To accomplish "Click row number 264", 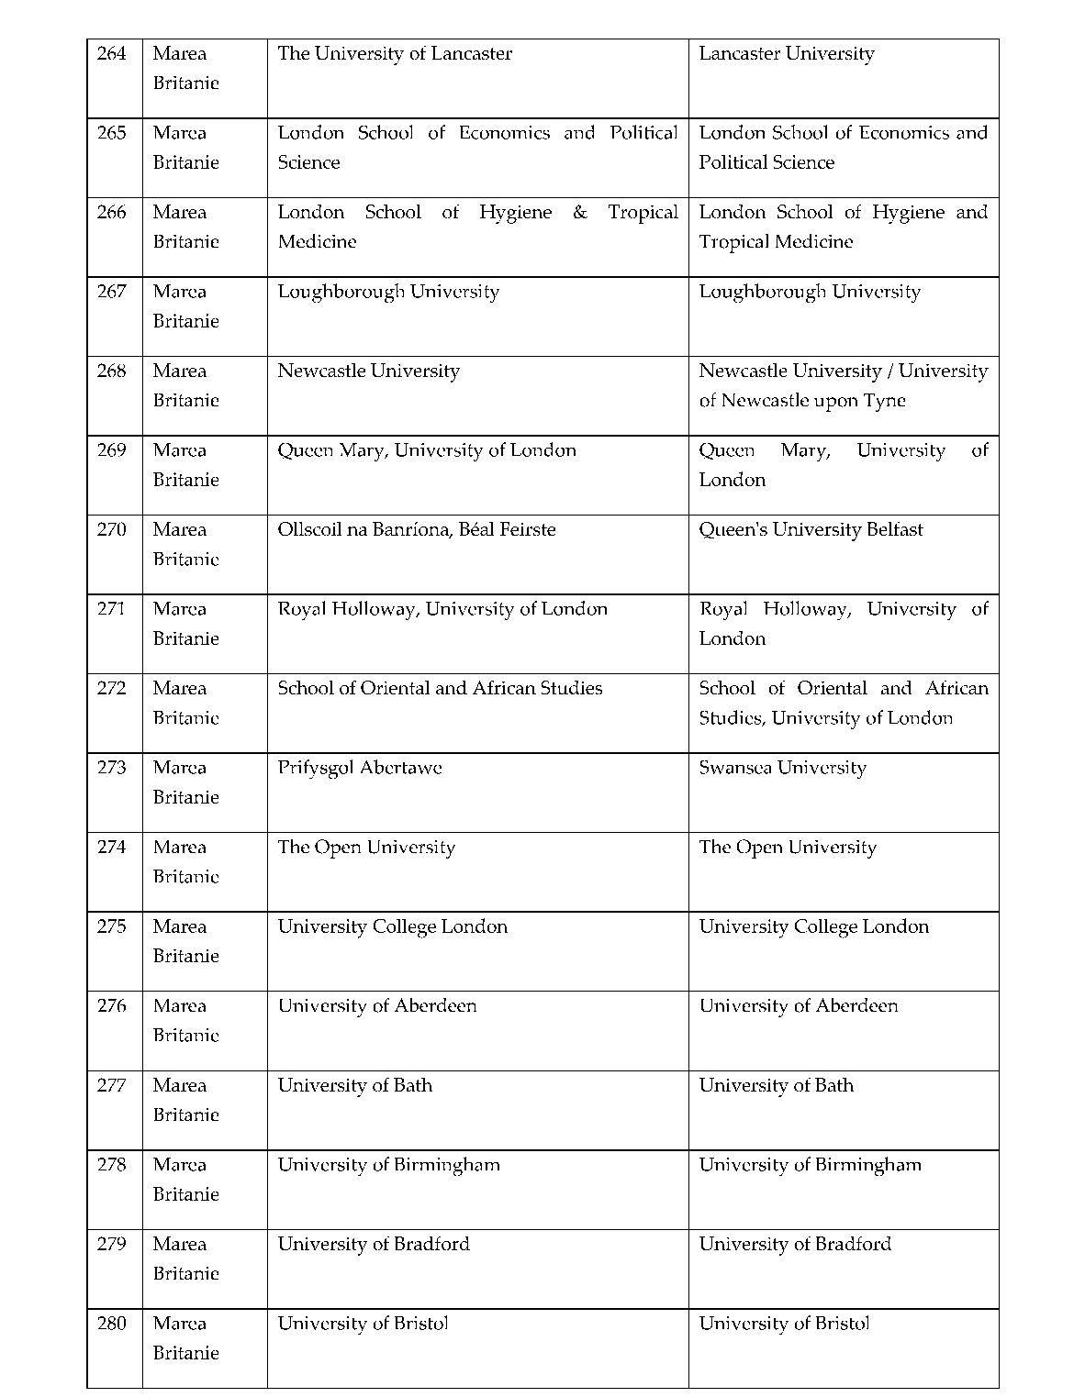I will [111, 54].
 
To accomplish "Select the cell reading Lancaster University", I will [786, 54].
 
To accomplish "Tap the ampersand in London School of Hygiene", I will [579, 213].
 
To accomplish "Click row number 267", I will [111, 292].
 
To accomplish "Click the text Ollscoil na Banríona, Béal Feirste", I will [416, 530].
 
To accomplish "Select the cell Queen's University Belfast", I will [811, 530].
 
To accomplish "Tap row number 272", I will [111, 689].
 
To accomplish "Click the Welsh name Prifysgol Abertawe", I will [359, 768].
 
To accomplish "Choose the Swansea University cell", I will [782, 768].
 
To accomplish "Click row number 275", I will [111, 926].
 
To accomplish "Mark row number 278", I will [111, 1165].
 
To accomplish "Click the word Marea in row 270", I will [179, 530].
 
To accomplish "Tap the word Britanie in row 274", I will [185, 877].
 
